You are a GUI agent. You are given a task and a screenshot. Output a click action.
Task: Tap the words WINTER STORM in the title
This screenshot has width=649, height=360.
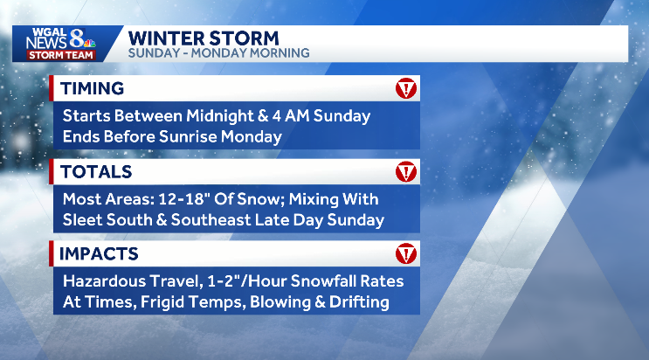[x=204, y=38]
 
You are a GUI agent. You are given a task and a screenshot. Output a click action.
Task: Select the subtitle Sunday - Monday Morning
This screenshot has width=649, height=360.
[x=218, y=53]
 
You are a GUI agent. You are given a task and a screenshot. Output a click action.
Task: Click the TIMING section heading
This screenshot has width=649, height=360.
[x=92, y=88]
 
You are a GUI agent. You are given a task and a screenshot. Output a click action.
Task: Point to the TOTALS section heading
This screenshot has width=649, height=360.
[x=95, y=172]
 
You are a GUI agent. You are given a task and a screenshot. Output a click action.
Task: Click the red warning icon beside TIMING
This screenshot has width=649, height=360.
[x=406, y=88]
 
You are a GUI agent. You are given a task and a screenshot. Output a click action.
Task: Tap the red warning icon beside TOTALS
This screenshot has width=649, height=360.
[x=406, y=172]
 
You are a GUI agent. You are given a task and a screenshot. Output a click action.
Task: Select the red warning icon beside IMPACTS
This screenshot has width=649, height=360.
[x=406, y=254]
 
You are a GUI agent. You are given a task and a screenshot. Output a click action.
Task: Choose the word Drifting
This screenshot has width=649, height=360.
[x=356, y=303]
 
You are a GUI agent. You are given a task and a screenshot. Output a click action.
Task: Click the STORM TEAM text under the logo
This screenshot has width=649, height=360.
[x=56, y=54]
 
